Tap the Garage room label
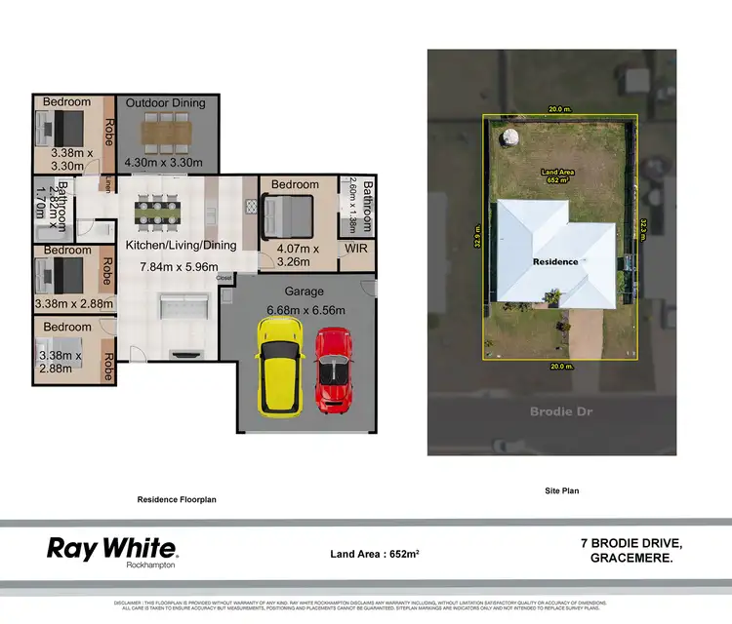304,292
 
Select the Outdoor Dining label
163,101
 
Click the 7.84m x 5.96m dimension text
175,266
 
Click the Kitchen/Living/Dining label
181,246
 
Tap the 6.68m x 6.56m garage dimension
306,311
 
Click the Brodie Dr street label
560,411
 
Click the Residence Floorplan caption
176,498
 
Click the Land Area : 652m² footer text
376,553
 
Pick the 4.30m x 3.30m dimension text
164,162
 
